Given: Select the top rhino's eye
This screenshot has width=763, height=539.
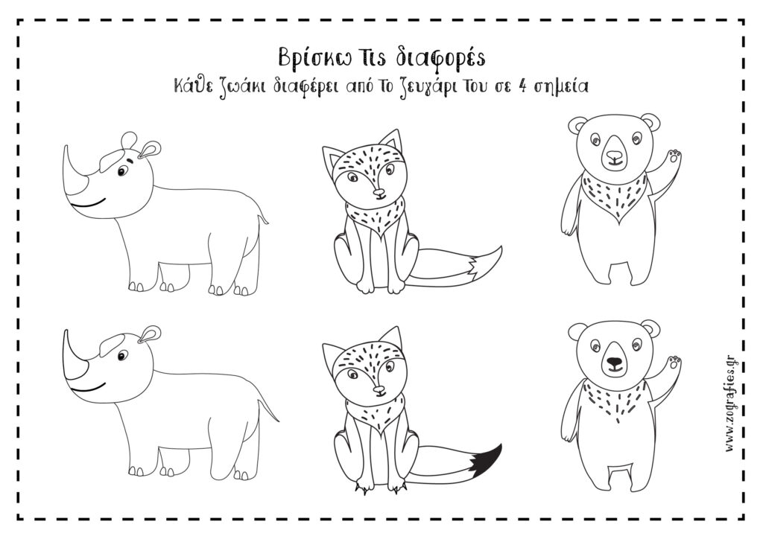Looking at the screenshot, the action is click(121, 172).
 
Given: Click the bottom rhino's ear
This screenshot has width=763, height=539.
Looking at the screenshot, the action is click(149, 334).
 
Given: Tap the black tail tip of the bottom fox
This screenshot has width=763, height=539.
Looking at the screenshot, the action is click(487, 457).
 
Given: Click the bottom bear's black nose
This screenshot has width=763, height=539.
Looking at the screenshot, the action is click(614, 363).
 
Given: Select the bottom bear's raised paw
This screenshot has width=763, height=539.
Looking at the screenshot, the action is click(674, 363).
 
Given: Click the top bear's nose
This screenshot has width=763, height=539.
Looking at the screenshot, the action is click(614, 156).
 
